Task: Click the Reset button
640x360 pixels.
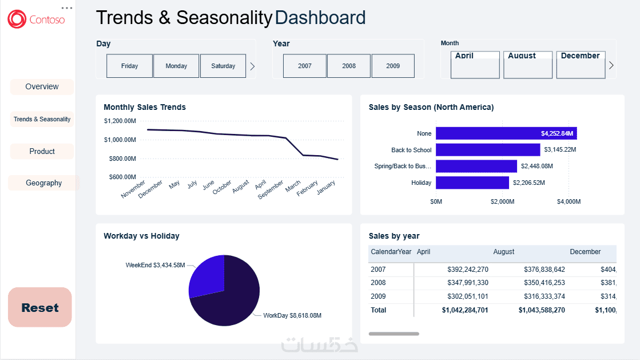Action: coord(40,307)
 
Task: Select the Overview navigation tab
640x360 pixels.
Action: coord(42,87)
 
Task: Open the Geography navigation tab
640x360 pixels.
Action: coord(43,183)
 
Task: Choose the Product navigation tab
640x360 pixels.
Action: coord(42,152)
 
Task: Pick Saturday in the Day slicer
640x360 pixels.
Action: coord(223,66)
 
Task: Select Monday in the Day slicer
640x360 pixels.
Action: coord(176,66)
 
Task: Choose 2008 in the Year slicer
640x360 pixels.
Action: coord(349,66)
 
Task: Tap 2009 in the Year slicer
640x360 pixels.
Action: coord(393,66)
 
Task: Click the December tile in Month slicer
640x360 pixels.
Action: coord(581,65)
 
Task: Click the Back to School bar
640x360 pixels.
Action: coord(488,150)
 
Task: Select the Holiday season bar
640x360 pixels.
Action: coord(472,183)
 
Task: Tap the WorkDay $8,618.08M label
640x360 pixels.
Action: coord(292,315)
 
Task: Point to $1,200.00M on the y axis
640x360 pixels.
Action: coord(120,121)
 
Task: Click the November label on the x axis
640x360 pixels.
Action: coord(134,189)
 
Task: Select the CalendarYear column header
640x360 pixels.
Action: coord(391,252)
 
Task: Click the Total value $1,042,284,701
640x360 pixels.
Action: coord(465,310)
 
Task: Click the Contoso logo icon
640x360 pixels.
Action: coord(17,19)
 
